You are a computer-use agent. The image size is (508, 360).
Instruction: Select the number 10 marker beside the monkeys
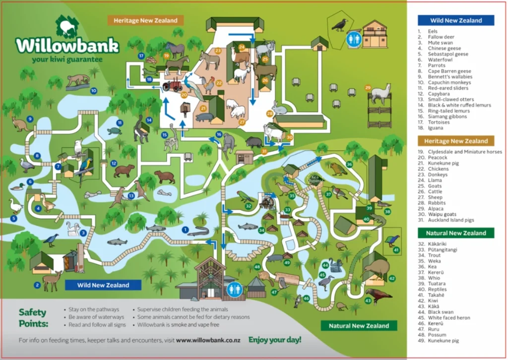point(93,91)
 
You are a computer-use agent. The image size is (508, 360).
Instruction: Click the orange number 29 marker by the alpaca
point(368,88)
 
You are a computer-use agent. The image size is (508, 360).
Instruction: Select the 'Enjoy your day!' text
point(274,340)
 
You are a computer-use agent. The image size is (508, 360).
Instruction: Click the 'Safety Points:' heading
point(32,317)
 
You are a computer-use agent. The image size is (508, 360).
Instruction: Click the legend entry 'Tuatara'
point(437,283)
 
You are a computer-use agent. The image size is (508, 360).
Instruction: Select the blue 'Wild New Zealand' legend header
point(456,20)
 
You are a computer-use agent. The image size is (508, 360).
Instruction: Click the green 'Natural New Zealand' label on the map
point(359,326)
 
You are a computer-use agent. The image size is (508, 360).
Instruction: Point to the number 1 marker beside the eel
point(185,230)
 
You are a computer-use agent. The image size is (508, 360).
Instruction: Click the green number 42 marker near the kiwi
point(392,279)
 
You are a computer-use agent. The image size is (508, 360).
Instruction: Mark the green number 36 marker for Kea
point(349,164)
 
